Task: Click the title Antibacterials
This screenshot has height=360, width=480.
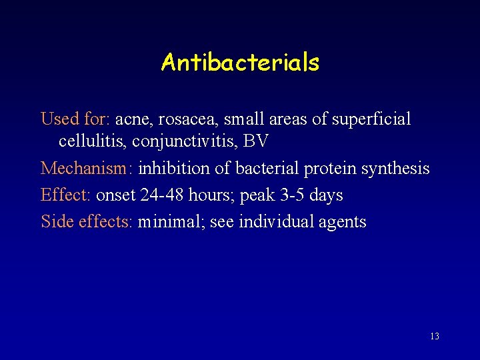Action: click(x=240, y=63)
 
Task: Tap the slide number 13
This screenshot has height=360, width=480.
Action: click(x=435, y=337)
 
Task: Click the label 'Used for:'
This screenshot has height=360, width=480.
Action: click(x=75, y=119)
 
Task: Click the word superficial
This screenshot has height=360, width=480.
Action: click(x=370, y=119)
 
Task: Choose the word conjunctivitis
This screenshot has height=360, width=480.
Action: click(x=179, y=142)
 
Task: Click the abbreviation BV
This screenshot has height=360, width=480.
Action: click(x=256, y=142)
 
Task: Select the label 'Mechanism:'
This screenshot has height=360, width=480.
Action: click(x=87, y=169)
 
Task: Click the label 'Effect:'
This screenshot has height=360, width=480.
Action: click(x=66, y=195)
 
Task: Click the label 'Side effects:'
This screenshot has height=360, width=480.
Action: click(x=87, y=221)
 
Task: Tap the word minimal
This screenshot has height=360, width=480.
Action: click(x=171, y=221)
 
